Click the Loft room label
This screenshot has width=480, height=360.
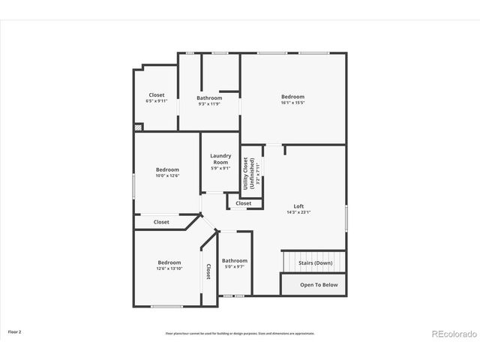tap(298, 206)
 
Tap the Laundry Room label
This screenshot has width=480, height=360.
tap(220, 159)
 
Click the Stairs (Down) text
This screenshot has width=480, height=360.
tap(315, 263)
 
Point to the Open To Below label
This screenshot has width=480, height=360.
tap(319, 285)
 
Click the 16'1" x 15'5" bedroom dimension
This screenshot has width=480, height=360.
tap(292, 103)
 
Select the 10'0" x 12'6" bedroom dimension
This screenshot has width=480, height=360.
tap(167, 176)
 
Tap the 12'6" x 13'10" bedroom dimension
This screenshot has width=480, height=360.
tap(169, 268)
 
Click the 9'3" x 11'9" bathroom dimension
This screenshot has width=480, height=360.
tap(209, 104)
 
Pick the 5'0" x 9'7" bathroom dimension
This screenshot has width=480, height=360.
tap(234, 267)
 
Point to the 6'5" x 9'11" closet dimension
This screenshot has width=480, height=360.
tap(156, 100)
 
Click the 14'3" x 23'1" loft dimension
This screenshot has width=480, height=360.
tap(298, 212)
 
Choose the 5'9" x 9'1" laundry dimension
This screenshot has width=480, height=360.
tap(220, 168)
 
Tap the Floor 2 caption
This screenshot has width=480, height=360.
tap(15, 331)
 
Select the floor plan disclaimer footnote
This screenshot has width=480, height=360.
tap(240, 333)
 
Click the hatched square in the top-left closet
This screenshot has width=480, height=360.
tap(137, 127)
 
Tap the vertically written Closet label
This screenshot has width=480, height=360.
tap(208, 272)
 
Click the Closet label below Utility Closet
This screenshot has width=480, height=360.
tap(244, 203)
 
